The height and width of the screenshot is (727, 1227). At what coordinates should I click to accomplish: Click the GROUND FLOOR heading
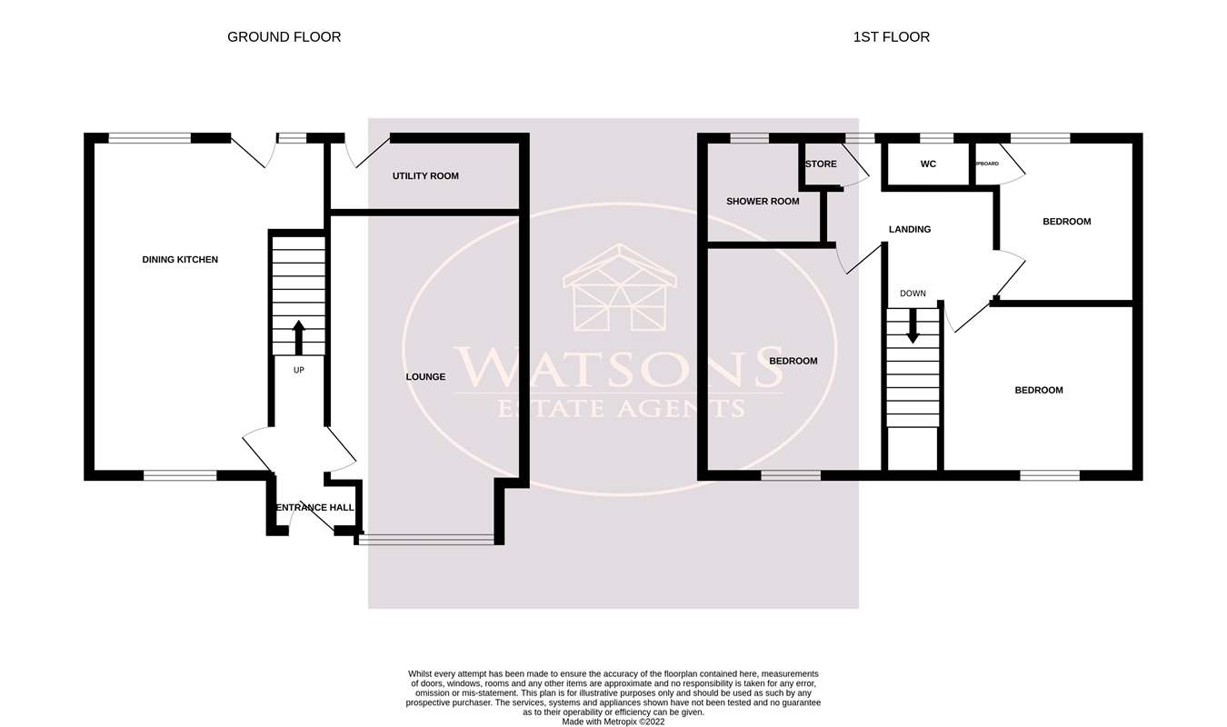click(284, 37)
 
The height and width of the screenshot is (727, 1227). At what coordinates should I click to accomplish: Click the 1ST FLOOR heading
click(891, 37)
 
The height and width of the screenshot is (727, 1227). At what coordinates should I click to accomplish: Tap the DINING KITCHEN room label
click(180, 260)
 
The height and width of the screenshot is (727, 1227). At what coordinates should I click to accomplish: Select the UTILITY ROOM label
click(425, 176)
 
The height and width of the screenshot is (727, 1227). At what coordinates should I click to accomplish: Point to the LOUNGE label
click(425, 377)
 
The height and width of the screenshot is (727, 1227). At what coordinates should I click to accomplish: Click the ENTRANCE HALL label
click(314, 508)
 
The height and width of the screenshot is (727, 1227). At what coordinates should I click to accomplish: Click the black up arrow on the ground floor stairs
click(299, 336)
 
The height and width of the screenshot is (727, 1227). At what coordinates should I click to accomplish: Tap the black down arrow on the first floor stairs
click(913, 325)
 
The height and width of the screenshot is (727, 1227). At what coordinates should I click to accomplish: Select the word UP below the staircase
click(299, 371)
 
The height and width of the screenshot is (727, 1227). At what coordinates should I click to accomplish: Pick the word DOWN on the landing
click(913, 294)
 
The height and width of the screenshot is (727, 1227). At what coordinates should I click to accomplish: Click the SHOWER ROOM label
click(763, 202)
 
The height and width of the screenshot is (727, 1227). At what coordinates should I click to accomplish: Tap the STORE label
click(821, 164)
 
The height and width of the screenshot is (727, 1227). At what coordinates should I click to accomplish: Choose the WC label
click(928, 164)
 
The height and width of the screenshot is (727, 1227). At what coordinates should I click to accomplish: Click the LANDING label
click(910, 230)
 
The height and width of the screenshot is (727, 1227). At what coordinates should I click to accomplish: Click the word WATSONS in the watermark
click(619, 367)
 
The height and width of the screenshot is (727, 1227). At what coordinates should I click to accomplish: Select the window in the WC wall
click(936, 138)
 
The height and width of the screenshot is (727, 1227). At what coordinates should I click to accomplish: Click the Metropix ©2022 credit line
click(613, 722)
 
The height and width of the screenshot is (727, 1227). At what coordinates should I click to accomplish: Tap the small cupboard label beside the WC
click(986, 164)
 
